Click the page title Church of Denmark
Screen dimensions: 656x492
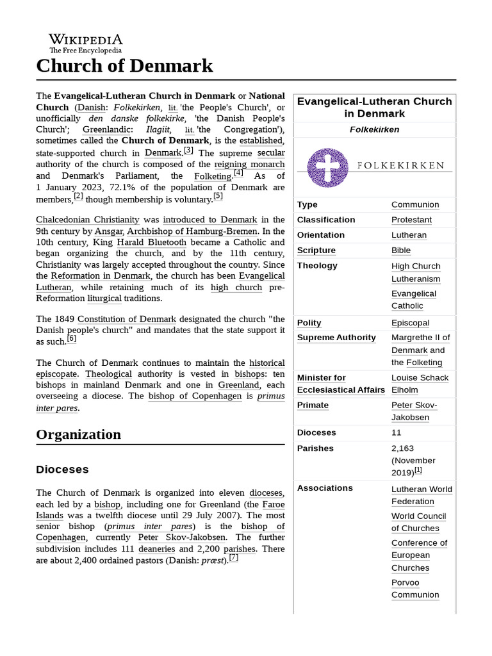point(124,65)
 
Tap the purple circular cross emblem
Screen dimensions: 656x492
point(327,168)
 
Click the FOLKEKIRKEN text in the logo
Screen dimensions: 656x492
point(400,165)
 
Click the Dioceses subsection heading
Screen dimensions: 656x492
point(62,470)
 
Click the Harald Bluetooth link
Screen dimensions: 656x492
point(151,243)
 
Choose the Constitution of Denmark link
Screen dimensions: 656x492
point(127,318)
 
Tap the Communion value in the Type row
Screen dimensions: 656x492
point(415,204)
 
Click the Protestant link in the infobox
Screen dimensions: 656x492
point(411,220)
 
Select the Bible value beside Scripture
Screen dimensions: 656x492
point(401,250)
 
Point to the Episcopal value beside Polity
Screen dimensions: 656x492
point(410,323)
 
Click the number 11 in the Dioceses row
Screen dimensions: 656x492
point(397,433)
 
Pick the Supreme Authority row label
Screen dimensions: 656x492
point(336,338)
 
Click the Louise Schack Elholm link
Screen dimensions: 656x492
point(420,384)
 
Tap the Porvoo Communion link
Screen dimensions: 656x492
point(415,589)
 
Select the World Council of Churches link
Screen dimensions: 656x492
point(418,522)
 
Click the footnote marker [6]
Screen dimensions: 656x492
point(72,339)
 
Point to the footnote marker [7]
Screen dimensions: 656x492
point(234,557)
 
